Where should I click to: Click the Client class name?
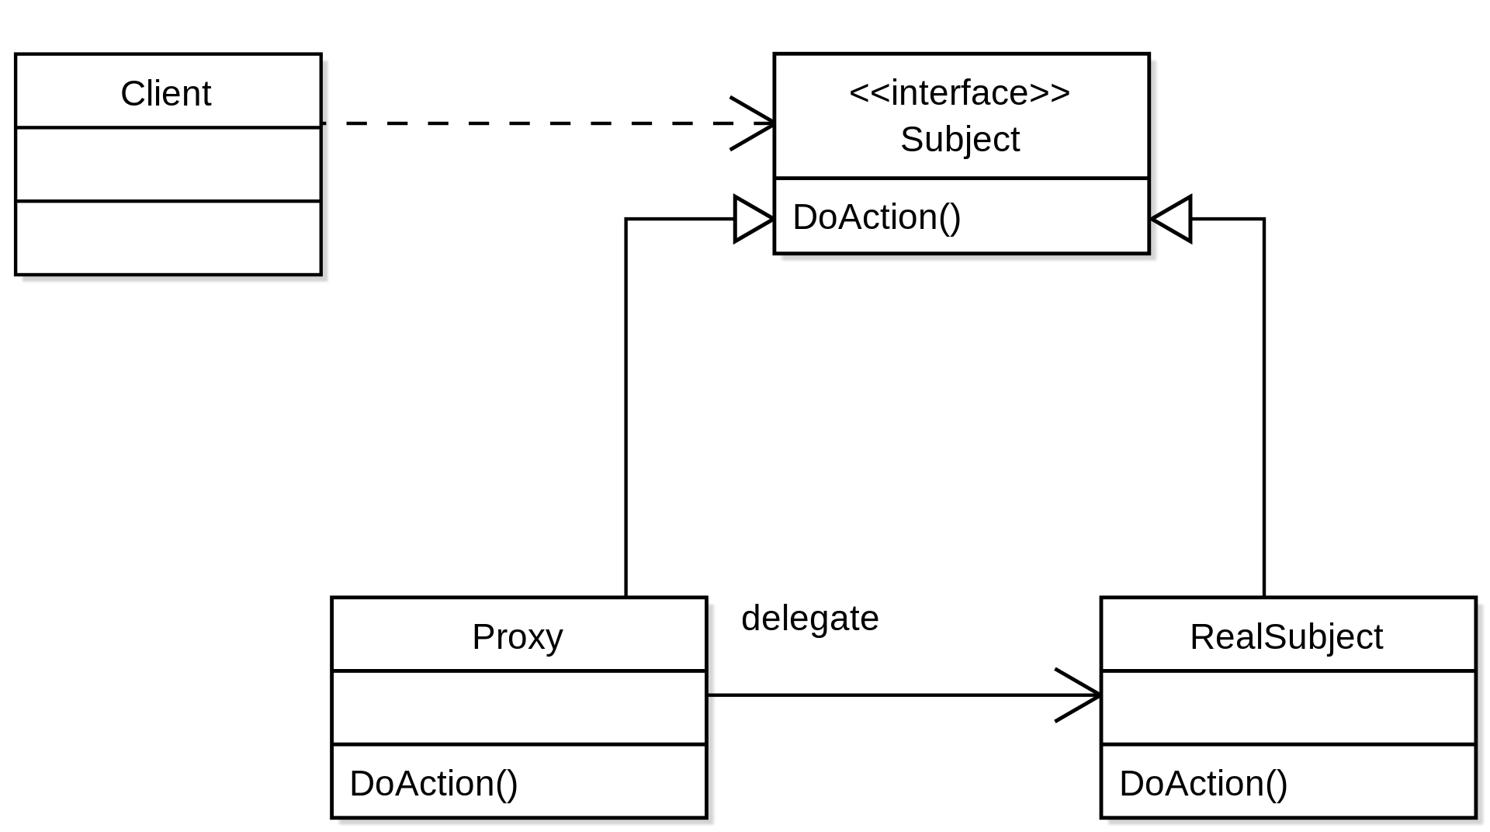165,93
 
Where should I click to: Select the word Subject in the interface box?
960,140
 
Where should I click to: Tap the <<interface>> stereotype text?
960,92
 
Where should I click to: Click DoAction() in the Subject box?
877,217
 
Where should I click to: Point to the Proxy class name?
518,636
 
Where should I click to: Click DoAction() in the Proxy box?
434,783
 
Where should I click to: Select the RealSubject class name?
1286,636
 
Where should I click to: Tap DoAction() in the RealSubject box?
1204,783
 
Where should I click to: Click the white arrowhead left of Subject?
750,219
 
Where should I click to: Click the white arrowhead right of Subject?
1174,219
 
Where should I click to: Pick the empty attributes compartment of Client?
168,165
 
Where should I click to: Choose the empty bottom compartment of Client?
168,237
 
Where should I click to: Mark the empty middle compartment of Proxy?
518,708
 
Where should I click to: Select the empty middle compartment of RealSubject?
1287,708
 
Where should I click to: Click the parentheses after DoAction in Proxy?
507,783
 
